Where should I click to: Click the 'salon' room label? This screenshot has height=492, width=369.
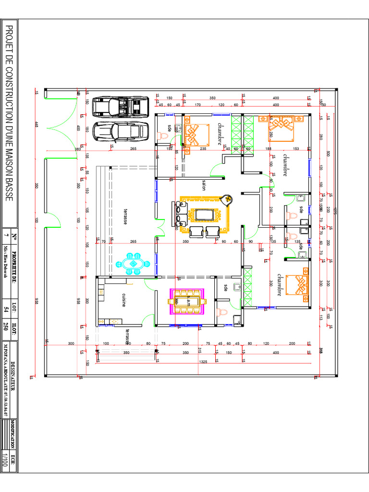204,185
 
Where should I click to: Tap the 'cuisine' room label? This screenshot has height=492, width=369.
123,300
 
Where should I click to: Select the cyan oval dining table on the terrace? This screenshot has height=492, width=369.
133,264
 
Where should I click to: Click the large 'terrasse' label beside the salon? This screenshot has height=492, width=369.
124,216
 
